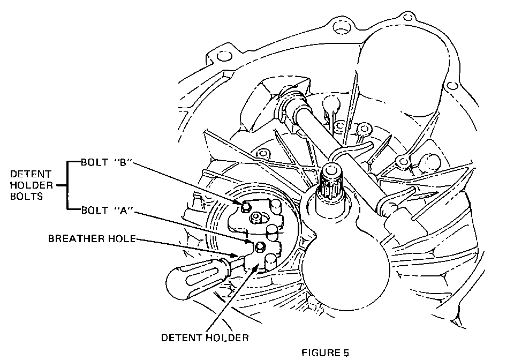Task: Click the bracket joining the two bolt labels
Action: [66, 185]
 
